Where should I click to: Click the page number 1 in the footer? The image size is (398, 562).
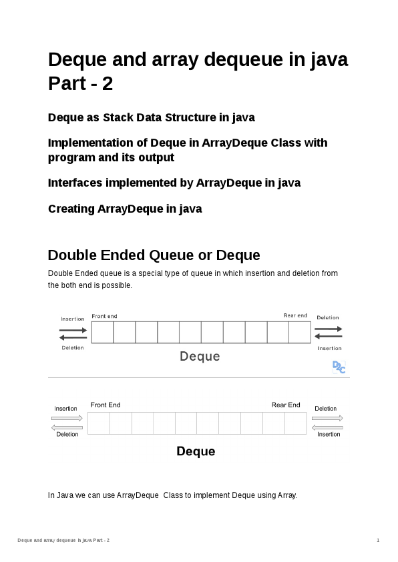click(x=378, y=539)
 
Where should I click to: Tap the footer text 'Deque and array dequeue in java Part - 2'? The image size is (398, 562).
click(x=63, y=539)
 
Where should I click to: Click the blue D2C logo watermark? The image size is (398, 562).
click(x=339, y=367)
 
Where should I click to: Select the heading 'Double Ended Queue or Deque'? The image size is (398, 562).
click(x=154, y=255)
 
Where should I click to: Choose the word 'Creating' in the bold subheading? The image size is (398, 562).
click(x=71, y=209)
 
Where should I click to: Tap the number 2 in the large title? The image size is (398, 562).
click(x=108, y=85)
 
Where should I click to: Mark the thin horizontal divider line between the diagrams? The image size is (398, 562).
click(x=199, y=378)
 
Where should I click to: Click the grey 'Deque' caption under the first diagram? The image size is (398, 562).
click(x=200, y=357)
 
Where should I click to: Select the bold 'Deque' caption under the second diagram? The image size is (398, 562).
click(x=196, y=451)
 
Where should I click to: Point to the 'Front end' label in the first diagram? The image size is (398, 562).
click(x=104, y=316)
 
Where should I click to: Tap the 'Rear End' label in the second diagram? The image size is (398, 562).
click(x=286, y=405)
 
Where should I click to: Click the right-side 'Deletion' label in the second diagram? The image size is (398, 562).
click(x=326, y=409)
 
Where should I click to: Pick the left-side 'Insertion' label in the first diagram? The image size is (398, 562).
click(x=73, y=319)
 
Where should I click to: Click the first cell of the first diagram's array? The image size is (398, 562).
click(x=102, y=332)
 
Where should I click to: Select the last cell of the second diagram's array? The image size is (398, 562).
click(x=295, y=423)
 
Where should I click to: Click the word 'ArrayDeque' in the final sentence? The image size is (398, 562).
click(x=138, y=495)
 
